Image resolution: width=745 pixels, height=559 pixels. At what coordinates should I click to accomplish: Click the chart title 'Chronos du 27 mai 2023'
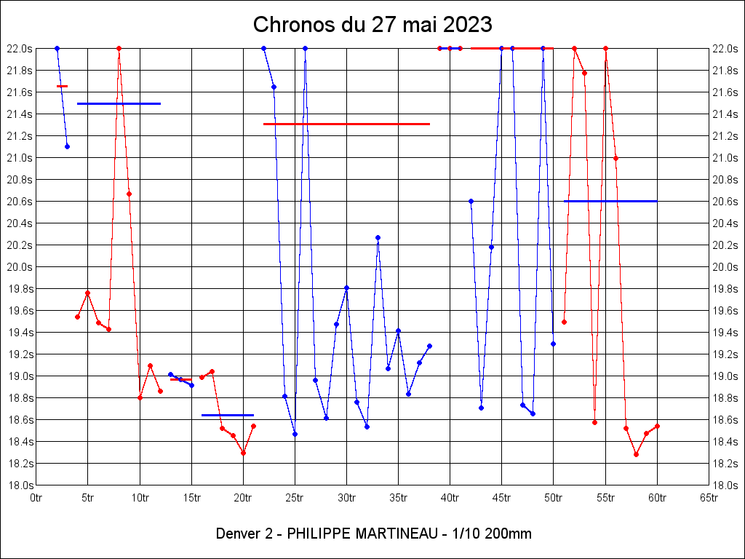[x=372, y=25]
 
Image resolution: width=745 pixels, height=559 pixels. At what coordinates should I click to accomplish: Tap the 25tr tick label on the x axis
[x=295, y=498]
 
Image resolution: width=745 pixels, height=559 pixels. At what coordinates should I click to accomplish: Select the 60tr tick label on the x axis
[x=657, y=498]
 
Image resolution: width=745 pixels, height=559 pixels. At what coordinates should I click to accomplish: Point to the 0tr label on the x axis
[x=36, y=498]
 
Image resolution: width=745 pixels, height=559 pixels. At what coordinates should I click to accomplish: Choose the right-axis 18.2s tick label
[x=726, y=464]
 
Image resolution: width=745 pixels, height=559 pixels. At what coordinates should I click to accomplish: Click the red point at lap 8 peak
[x=119, y=49]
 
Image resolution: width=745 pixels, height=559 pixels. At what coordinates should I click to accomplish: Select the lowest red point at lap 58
[x=636, y=454]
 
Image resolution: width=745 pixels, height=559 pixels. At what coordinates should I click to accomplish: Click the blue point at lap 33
[x=378, y=237]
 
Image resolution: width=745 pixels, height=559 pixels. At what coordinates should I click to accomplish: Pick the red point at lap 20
[x=243, y=453]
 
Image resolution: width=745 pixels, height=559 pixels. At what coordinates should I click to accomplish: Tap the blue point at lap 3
[x=67, y=146]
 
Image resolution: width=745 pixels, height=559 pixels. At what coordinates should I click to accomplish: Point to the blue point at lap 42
[x=471, y=201]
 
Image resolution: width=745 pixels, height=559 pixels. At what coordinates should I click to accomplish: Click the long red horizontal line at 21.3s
[x=346, y=124]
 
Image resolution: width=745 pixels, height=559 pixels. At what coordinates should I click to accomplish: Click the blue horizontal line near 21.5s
[x=119, y=104]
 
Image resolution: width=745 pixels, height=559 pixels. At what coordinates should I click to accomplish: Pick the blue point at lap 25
[x=295, y=434]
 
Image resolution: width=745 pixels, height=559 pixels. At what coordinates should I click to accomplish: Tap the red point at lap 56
[x=615, y=158]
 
